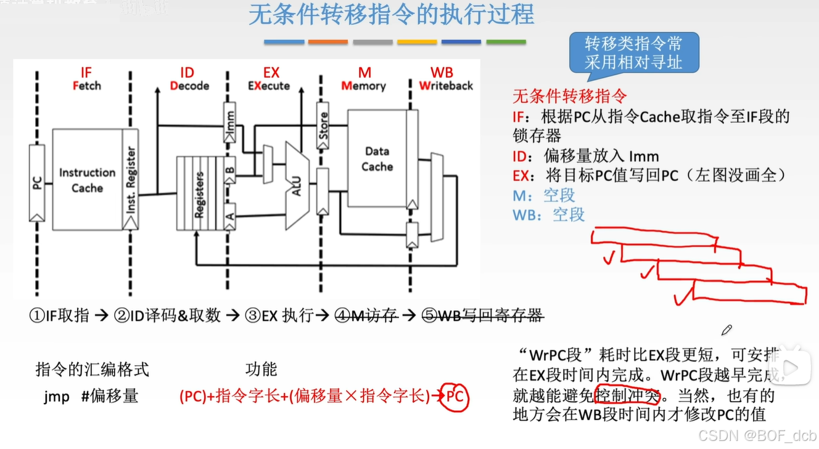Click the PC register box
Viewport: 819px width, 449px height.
[37, 182]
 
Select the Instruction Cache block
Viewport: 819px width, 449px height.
[87, 180]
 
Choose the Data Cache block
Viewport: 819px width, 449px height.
[377, 159]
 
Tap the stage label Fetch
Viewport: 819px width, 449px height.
[86, 86]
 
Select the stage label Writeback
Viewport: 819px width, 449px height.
[446, 86]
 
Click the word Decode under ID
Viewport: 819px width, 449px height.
[189, 86]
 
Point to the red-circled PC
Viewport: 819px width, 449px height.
[455, 397]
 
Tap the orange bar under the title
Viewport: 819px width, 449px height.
[328, 42]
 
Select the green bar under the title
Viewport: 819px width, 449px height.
[506, 42]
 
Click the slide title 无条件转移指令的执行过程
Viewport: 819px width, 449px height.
[391, 15]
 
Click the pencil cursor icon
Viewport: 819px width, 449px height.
[726, 330]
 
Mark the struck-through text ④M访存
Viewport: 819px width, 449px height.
[366, 316]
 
